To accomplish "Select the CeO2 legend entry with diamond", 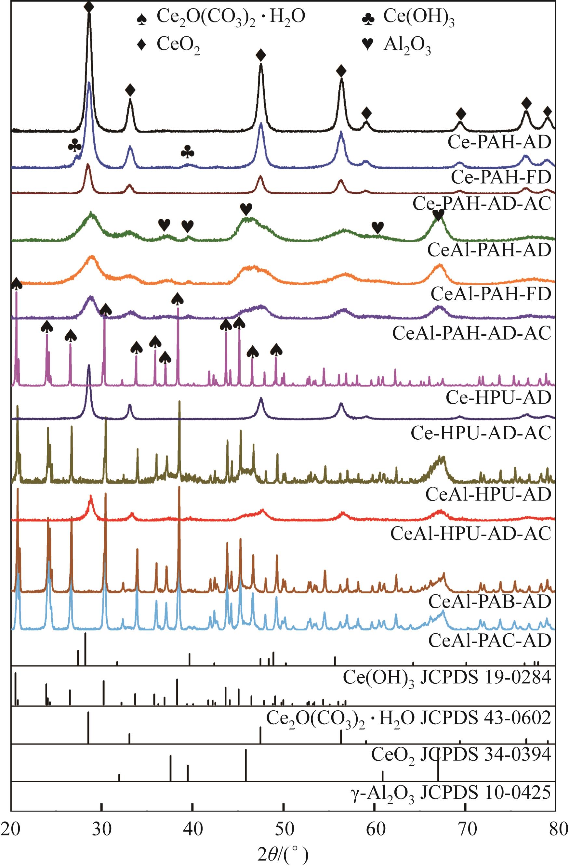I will [x=169, y=45].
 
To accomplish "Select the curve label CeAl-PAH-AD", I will [x=489, y=250].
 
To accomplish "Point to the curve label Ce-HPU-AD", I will [x=498, y=397].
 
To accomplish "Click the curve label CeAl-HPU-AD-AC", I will [x=470, y=534].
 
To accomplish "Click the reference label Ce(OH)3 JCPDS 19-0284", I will [x=446, y=678].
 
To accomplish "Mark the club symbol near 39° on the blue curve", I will [x=188, y=152].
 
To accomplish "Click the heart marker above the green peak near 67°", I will [x=438, y=216].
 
